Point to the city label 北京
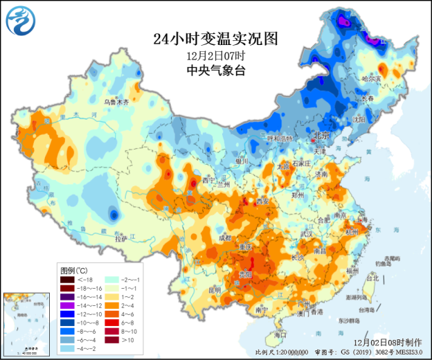pyautogui.click(x=321, y=135)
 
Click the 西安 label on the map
pyautogui.click(x=263, y=201)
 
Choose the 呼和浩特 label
pyautogui.click(x=280, y=138)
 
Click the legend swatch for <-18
pyautogui.click(x=67, y=280)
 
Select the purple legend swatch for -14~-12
pyautogui.click(x=67, y=305)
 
